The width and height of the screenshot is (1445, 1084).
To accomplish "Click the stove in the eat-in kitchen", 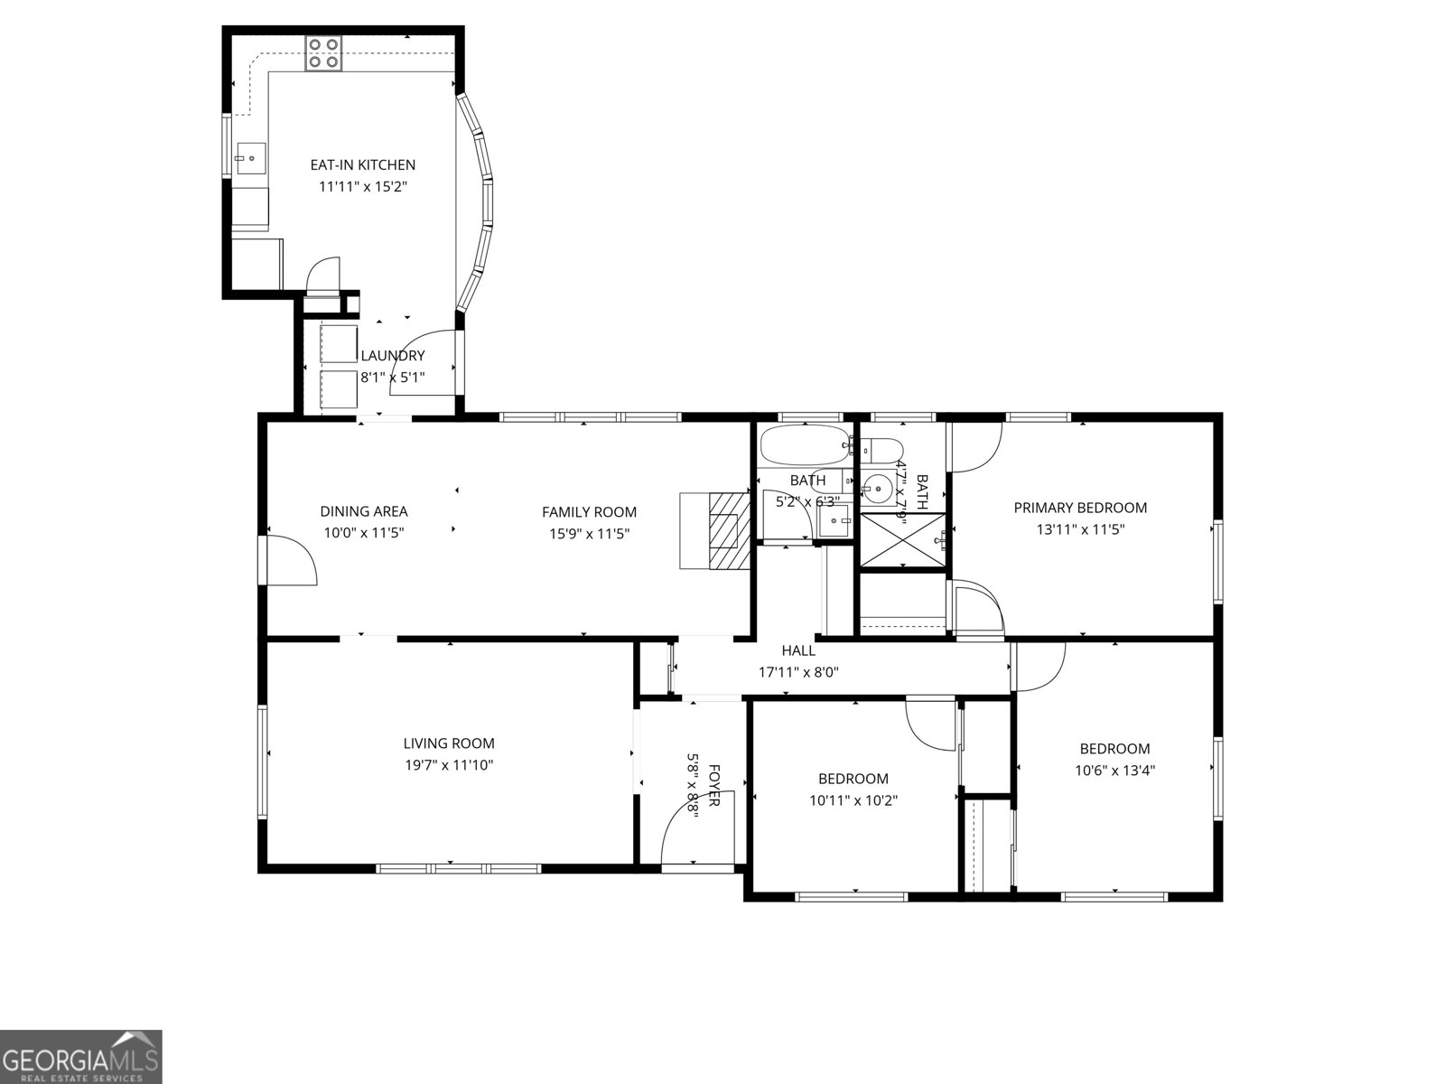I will [324, 53].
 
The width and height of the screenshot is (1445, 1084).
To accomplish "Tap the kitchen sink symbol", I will [252, 158].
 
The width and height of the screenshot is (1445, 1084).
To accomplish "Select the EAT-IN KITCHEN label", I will [363, 164].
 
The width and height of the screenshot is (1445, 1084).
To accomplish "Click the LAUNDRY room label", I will [393, 356].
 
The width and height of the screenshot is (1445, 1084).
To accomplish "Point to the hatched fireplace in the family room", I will [730, 531].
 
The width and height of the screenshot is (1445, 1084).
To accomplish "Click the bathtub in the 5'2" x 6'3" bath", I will [804, 445].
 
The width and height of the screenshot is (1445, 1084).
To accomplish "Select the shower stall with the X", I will [902, 540].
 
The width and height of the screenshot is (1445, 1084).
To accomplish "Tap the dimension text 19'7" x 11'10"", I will [449, 765].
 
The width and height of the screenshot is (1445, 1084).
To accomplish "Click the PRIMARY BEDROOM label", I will [1080, 508].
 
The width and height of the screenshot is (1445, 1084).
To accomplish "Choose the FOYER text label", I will [713, 786].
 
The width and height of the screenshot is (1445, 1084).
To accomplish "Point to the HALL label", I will [798, 650].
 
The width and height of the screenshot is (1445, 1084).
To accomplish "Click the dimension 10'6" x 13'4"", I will [1115, 771].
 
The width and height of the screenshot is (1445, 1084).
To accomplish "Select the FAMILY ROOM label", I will [589, 512].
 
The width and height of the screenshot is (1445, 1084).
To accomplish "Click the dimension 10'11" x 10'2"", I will [853, 799].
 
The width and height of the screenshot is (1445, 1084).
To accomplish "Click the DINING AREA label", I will [364, 511].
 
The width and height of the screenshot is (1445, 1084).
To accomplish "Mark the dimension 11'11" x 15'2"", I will [363, 187].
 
